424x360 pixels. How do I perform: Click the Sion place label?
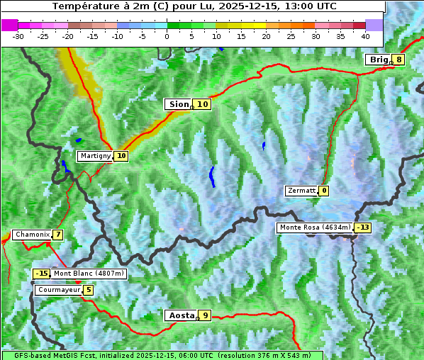point(179,104)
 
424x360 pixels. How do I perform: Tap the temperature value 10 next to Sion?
point(203,104)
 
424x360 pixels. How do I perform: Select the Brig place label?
point(379,60)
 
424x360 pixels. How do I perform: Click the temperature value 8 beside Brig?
point(399,60)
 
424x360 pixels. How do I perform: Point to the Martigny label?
point(95,156)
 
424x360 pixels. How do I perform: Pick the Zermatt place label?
point(301,191)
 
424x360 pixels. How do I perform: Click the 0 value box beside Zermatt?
point(324,191)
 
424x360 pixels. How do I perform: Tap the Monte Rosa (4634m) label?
point(315,227)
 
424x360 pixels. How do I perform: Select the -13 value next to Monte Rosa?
point(363,227)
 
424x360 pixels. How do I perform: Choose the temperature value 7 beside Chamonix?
point(57,235)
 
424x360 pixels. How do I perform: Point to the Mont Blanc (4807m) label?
point(89,274)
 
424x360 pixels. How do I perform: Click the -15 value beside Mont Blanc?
point(42,274)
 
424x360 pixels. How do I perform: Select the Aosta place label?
point(180,315)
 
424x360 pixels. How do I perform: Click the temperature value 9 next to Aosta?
point(205,315)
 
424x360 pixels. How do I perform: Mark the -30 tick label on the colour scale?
point(18,35)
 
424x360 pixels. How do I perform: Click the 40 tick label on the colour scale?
point(365,35)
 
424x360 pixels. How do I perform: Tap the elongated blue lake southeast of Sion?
point(211,176)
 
